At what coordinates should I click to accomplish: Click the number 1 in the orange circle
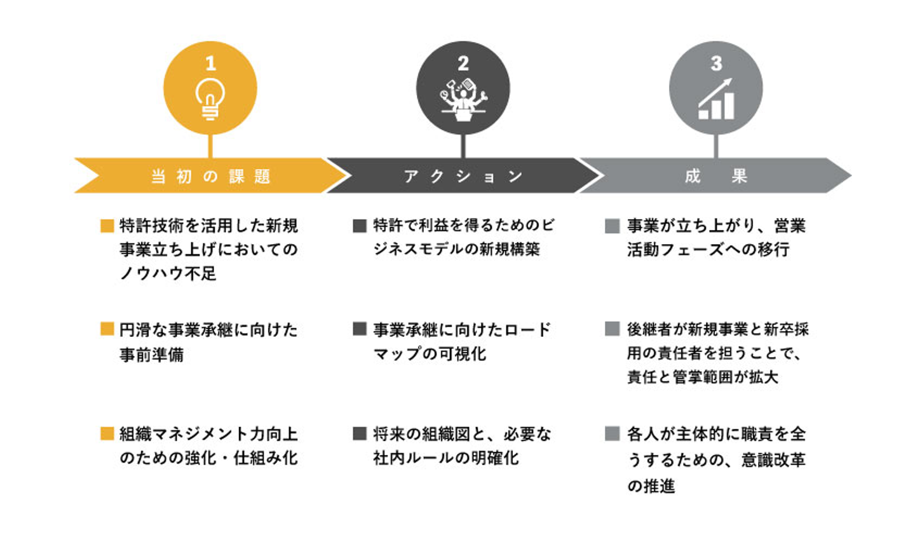pyautogui.click(x=210, y=64)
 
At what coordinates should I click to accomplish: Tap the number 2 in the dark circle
pyautogui.click(x=463, y=64)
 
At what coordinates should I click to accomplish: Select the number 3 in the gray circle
pyautogui.click(x=716, y=64)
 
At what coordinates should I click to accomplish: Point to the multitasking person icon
pyautogui.click(x=463, y=100)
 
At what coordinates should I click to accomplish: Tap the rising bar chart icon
pyautogui.click(x=715, y=99)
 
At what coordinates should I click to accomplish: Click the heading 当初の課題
pyautogui.click(x=211, y=177)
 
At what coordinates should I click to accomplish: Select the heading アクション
pyautogui.click(x=463, y=177)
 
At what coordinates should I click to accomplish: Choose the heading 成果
pyautogui.click(x=715, y=177)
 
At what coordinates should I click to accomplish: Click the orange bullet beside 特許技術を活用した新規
pyautogui.click(x=107, y=226)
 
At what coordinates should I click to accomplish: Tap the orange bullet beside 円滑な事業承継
pyautogui.click(x=107, y=329)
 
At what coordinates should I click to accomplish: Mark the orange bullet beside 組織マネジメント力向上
pyautogui.click(x=107, y=433)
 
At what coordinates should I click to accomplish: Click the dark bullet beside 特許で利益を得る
pyautogui.click(x=360, y=226)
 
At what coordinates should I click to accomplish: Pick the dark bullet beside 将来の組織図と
pyautogui.click(x=360, y=433)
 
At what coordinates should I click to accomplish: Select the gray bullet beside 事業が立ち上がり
pyautogui.click(x=613, y=226)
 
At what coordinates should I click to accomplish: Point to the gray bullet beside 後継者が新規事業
pyautogui.click(x=613, y=329)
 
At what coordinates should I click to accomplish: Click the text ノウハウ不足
pyautogui.click(x=168, y=273)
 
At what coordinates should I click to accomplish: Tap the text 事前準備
pyautogui.click(x=151, y=355)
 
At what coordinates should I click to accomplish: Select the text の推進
pyautogui.click(x=651, y=486)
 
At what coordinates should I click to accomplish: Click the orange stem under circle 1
pyautogui.click(x=210, y=146)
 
